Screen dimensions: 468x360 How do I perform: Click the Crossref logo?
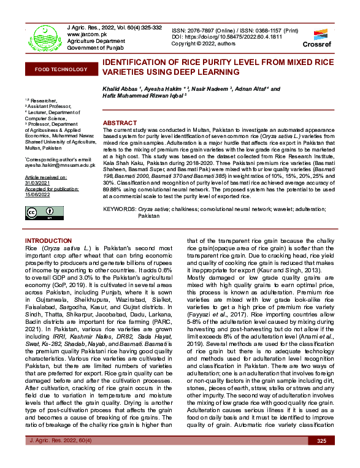pyautogui.click(x=316, y=37)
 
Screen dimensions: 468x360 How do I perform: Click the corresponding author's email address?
pyautogui.click(x=59, y=165)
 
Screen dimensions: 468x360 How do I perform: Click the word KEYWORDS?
pyautogui.click(x=120, y=209)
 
